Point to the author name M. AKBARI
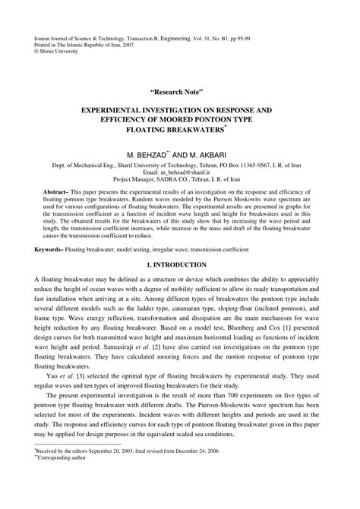[205, 153]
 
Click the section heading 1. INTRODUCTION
[180, 264]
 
